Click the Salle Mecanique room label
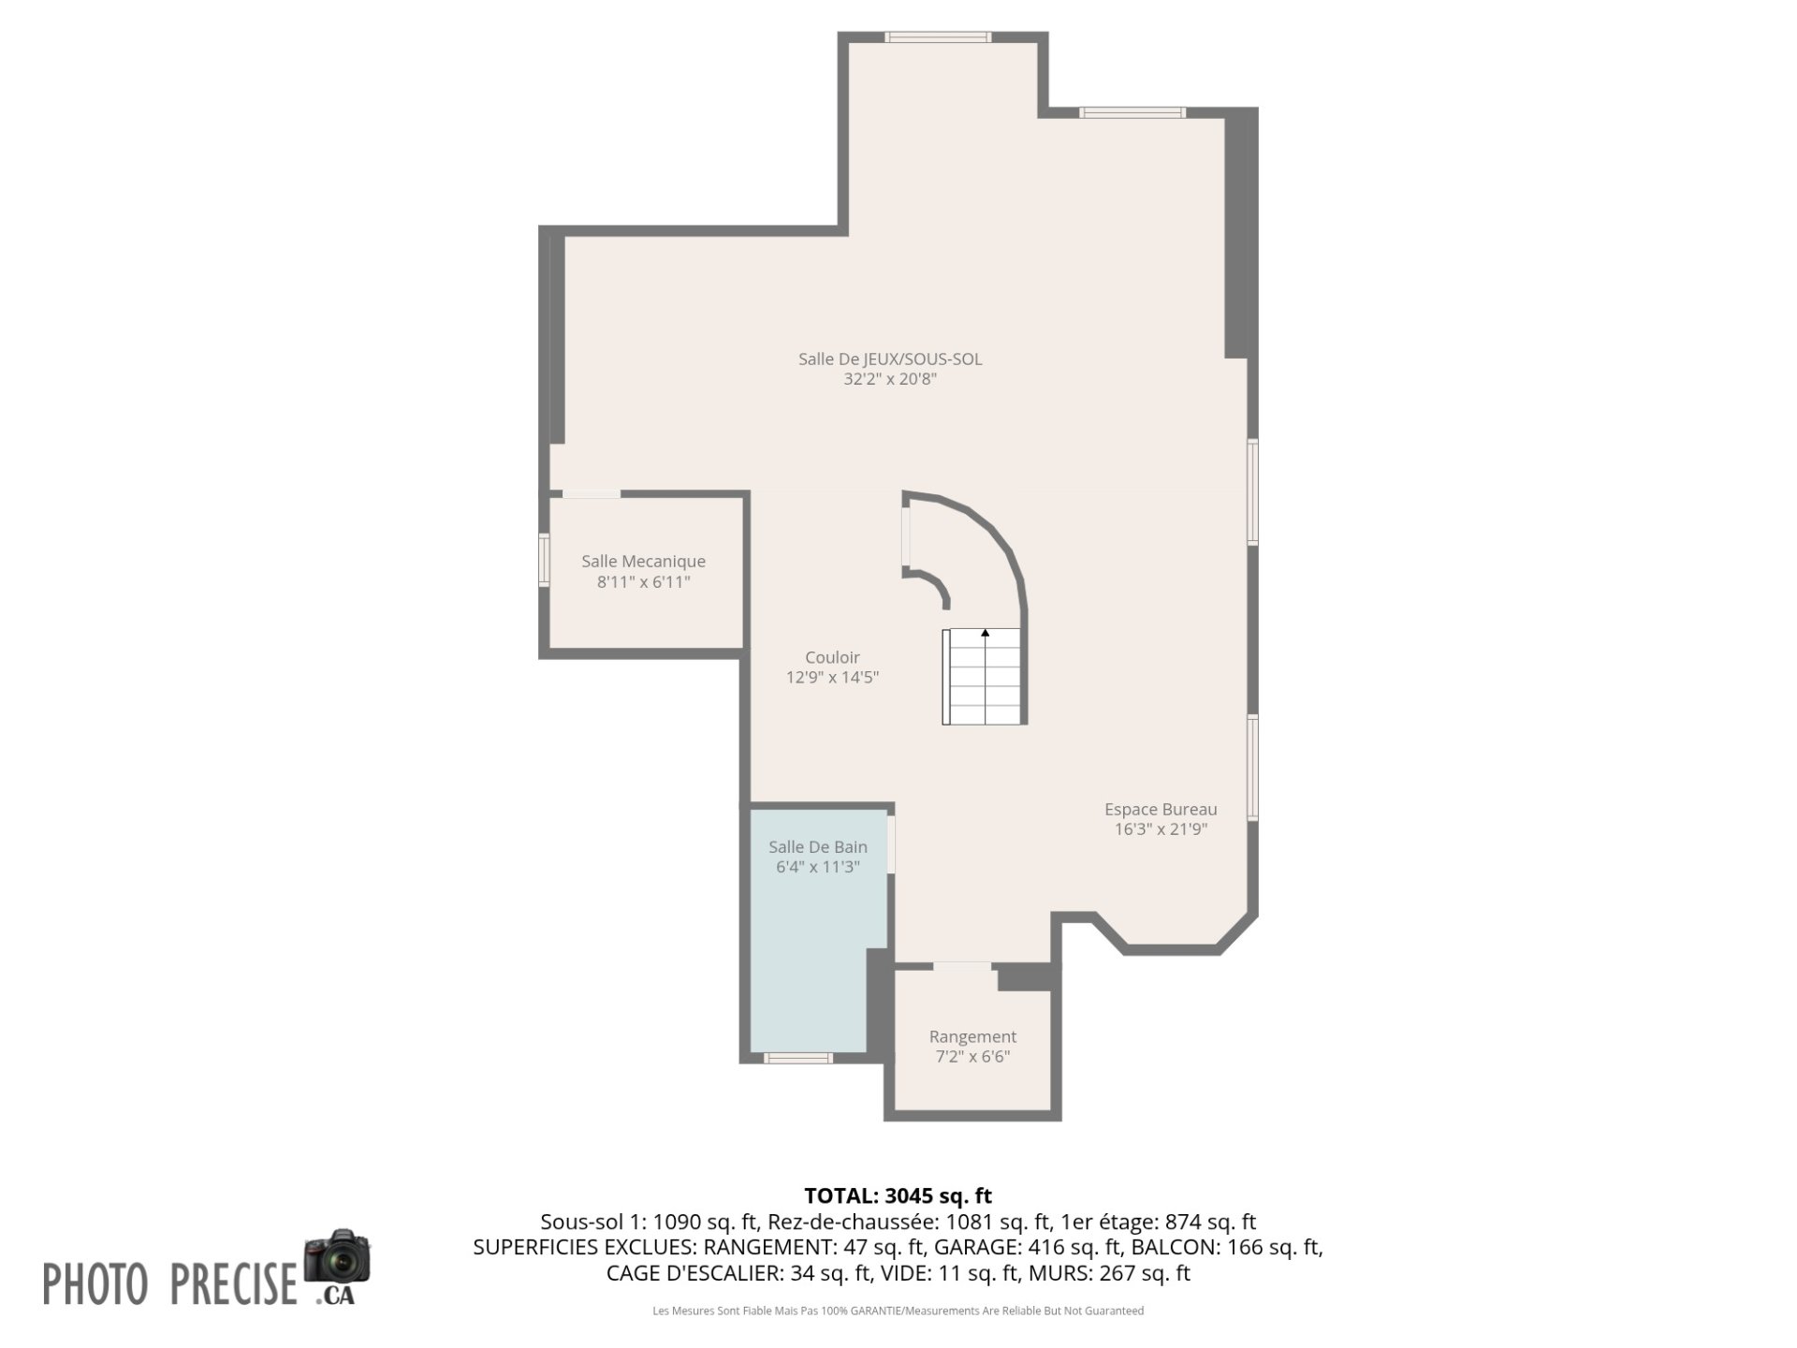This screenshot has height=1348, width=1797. click(644, 562)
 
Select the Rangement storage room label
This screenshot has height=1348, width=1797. click(972, 1037)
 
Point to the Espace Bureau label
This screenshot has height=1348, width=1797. click(1161, 810)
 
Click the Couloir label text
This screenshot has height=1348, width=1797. click(832, 658)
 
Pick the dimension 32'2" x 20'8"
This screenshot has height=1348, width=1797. click(890, 379)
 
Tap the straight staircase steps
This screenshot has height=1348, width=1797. click(985, 676)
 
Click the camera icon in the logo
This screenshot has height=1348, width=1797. click(337, 1256)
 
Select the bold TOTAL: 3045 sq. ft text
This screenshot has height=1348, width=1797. click(898, 1196)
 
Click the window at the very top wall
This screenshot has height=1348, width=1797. click(938, 37)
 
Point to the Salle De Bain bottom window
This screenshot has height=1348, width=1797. click(798, 1058)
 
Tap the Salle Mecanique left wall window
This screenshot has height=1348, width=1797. click(544, 560)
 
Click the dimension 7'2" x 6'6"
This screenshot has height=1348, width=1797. click(972, 1058)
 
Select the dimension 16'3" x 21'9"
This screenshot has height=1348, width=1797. click(1161, 829)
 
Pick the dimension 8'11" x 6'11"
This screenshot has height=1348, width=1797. click(644, 582)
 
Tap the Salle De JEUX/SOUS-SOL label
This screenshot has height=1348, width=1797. click(890, 359)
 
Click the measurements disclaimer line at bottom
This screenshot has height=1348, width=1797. click(898, 1311)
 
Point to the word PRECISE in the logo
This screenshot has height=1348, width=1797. click(233, 1283)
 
